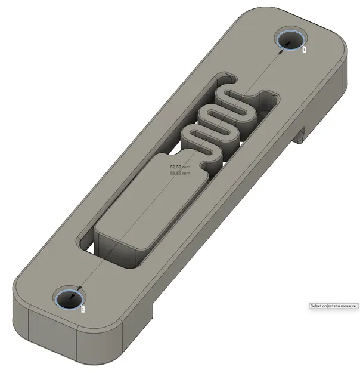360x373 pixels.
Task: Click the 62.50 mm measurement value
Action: click(x=180, y=168)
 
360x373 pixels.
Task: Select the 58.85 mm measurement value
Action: click(x=180, y=174)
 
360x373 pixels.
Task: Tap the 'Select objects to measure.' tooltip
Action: click(x=334, y=306)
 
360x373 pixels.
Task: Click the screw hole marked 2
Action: click(x=69, y=297)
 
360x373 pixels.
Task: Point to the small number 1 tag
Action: click(x=304, y=50)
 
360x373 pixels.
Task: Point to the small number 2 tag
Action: click(x=83, y=309)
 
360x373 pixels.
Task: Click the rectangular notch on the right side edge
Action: click(x=301, y=134)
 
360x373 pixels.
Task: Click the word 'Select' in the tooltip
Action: click(x=317, y=306)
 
